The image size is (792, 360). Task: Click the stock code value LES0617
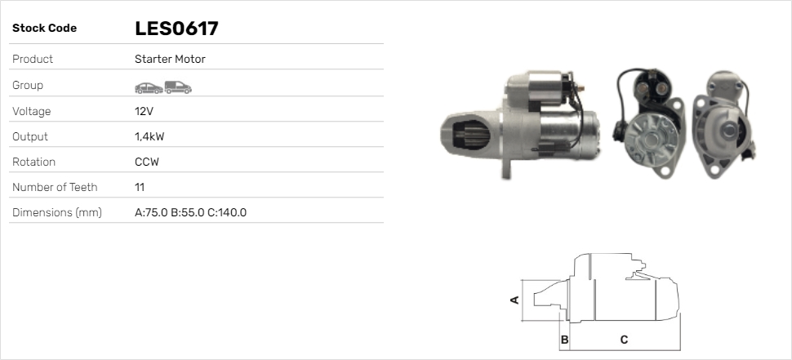pos(176,29)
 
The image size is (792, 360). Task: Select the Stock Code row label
pos(44,29)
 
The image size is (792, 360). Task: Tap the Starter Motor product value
pos(170,59)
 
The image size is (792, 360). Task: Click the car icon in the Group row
pos(149,88)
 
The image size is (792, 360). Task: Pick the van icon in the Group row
pos(178,87)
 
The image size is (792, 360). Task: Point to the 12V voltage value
pos(144,111)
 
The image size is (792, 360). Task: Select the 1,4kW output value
pos(149,137)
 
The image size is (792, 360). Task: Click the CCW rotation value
pos(147,162)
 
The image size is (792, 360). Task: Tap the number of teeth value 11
pos(140,187)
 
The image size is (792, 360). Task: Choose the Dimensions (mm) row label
pos(57,212)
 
